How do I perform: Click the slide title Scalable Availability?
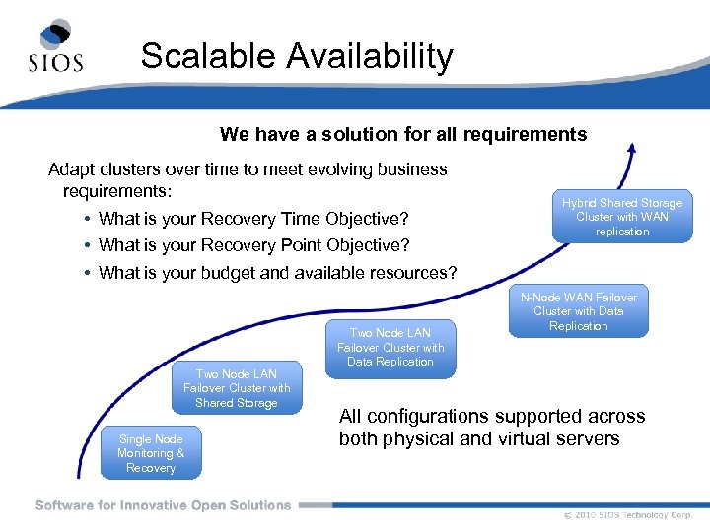pyautogui.click(x=296, y=56)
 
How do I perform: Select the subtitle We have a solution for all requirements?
pyautogui.click(x=402, y=134)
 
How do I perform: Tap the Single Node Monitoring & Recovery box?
pyautogui.click(x=151, y=453)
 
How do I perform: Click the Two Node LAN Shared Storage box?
pyautogui.click(x=237, y=387)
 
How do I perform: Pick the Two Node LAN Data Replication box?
pyautogui.click(x=390, y=347)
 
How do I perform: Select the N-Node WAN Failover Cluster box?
pyautogui.click(x=579, y=311)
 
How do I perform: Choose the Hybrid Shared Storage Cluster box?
pyautogui.click(x=622, y=217)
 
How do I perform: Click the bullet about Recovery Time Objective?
pyautogui.click(x=253, y=218)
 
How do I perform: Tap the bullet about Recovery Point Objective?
pyautogui.click(x=253, y=244)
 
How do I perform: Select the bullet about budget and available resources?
pyautogui.click(x=278, y=272)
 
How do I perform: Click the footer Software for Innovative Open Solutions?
pyautogui.click(x=163, y=505)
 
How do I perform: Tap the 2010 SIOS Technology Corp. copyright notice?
pyautogui.click(x=628, y=515)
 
